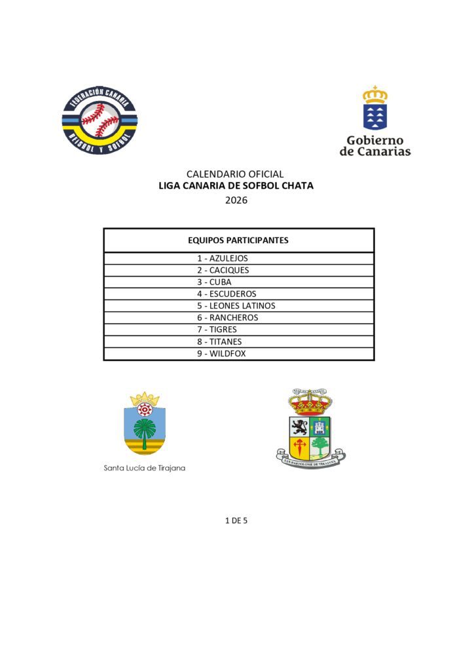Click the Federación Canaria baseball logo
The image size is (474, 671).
[x=100, y=119]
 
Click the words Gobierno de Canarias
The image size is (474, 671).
[x=375, y=146]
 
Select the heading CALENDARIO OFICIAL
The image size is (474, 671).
[x=235, y=174]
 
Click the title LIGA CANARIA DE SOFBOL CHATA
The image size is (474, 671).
[x=236, y=186]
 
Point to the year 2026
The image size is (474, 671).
[x=236, y=201]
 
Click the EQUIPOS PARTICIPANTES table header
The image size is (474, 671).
[x=238, y=240]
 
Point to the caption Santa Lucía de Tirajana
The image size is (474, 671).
[x=144, y=469]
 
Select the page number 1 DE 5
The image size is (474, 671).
[x=236, y=520]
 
